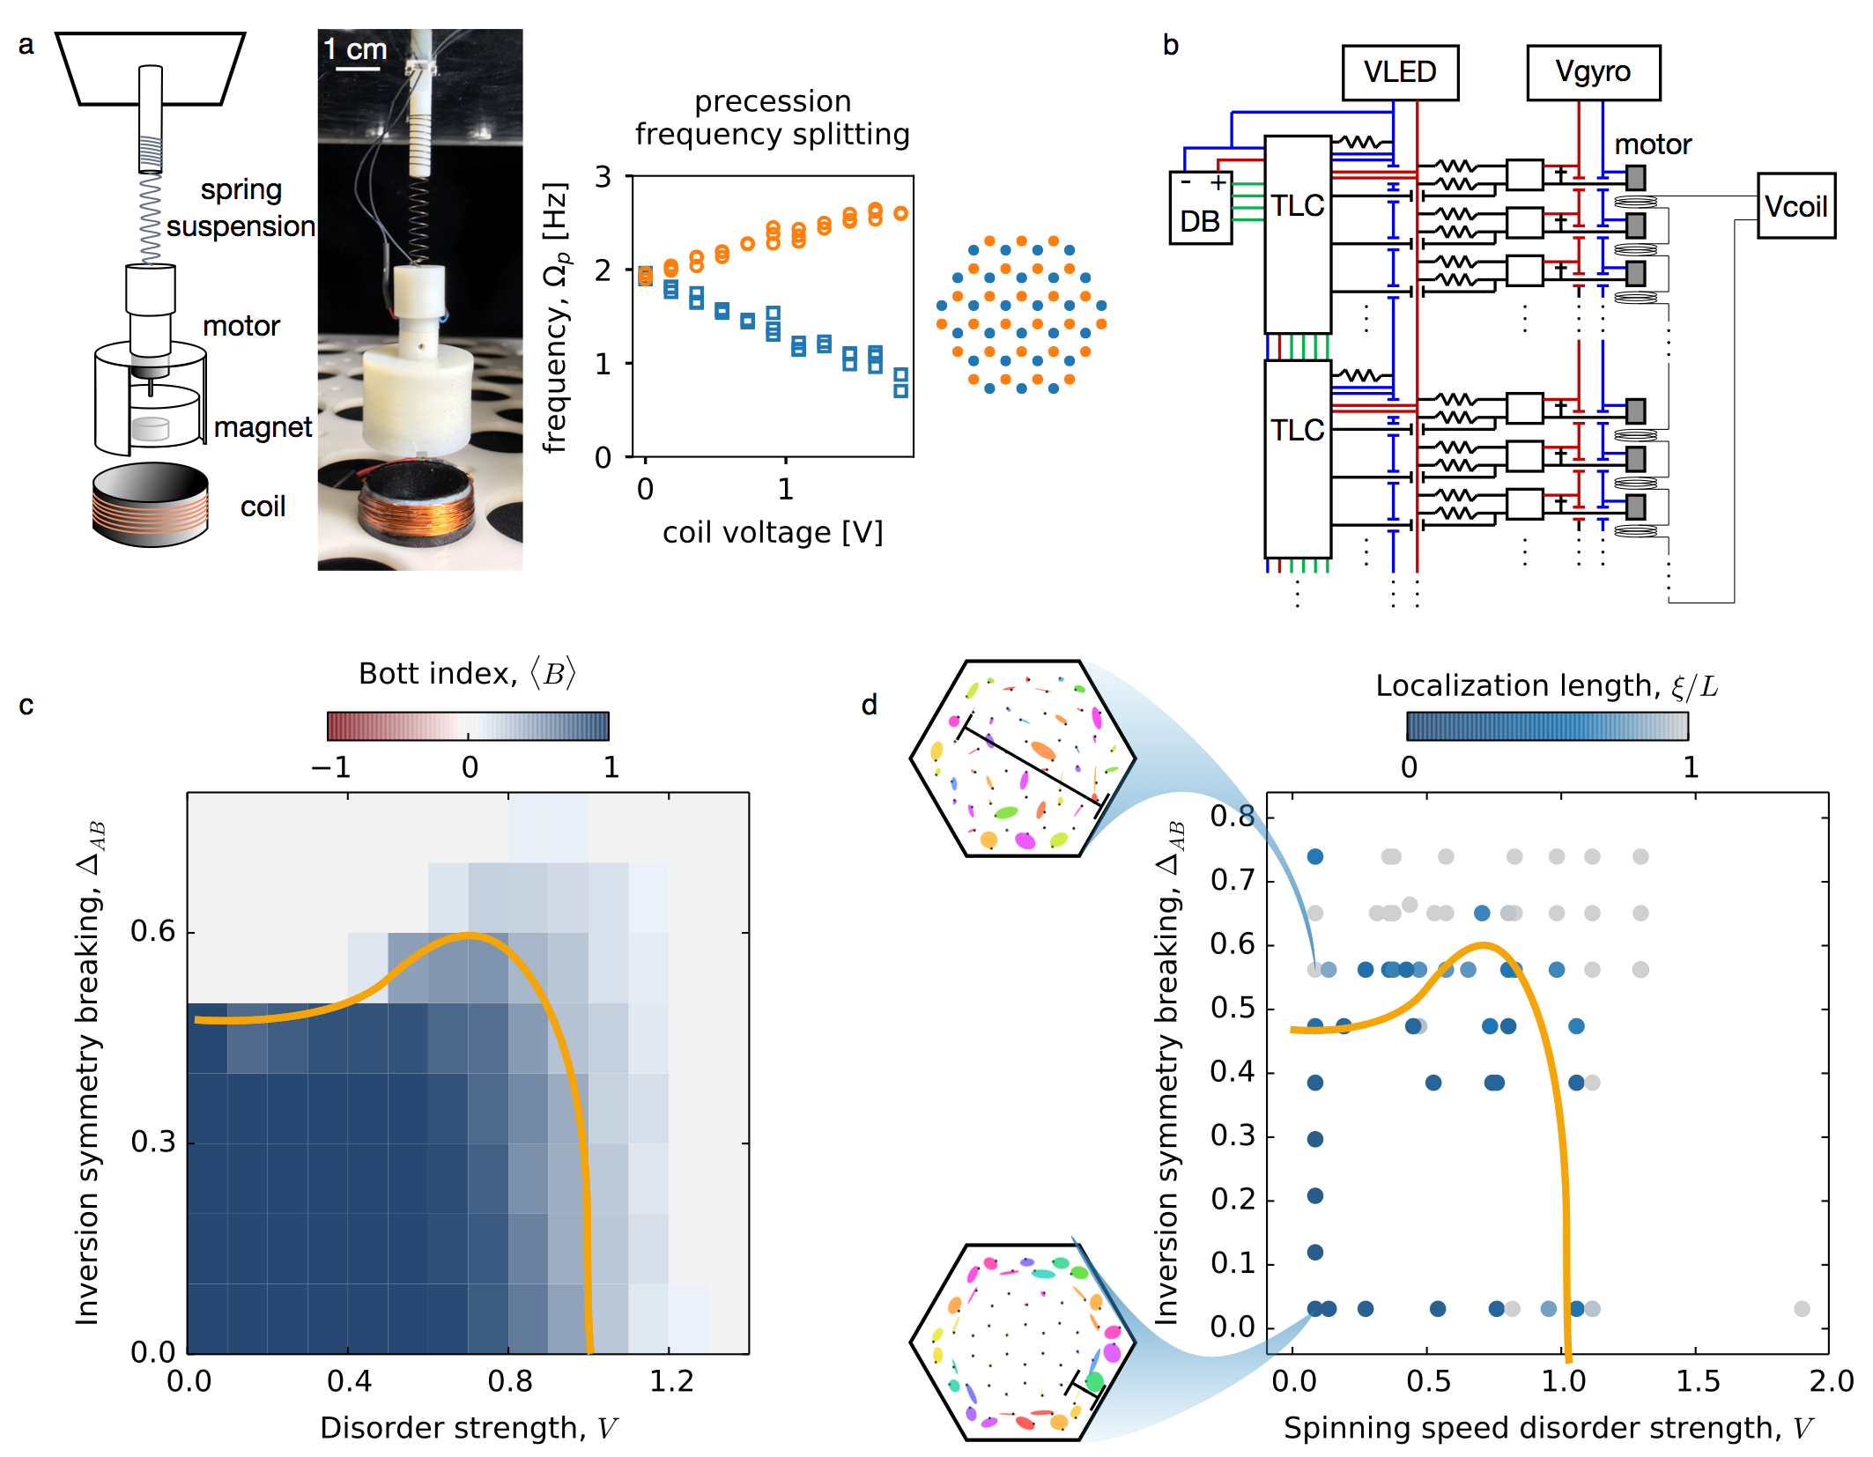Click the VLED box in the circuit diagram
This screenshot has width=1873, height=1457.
coord(1399,72)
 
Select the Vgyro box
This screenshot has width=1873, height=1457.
coord(1592,72)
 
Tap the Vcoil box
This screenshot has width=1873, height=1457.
coord(1795,206)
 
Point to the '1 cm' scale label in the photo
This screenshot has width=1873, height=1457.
coord(355,49)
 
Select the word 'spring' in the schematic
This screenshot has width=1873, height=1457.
coord(241,189)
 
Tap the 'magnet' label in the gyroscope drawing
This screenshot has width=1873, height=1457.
coord(263,427)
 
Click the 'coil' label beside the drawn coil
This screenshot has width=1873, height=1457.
coord(263,507)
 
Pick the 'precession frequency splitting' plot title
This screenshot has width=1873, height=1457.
coord(772,118)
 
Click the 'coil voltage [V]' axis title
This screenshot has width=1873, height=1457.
coord(772,532)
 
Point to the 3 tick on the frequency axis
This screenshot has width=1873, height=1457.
coord(603,177)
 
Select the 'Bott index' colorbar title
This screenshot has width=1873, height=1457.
coord(467,674)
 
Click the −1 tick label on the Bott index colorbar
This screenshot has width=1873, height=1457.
coord(330,767)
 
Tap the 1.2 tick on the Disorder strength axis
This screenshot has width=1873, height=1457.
coord(671,1381)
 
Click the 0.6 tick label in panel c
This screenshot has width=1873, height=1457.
coord(152,931)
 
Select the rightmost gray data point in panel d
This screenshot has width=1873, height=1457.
coord(1802,1309)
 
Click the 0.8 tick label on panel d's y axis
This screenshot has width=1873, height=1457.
coord(1232,817)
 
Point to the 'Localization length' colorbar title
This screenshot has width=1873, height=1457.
coord(1546,685)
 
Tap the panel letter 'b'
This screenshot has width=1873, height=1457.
coord(1170,45)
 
